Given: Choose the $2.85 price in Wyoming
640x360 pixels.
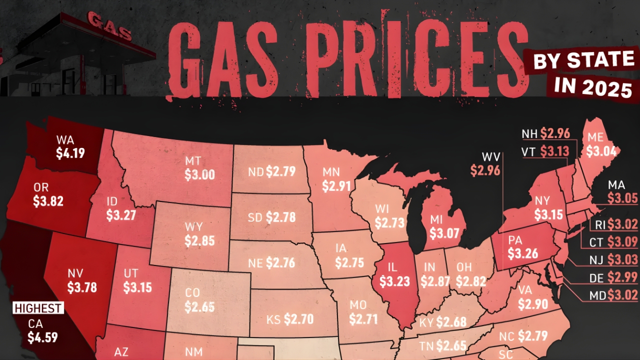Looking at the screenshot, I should tap(199, 240).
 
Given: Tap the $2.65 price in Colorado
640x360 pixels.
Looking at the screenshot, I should tap(199, 306).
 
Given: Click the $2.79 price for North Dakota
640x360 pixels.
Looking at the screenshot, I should tap(280, 172).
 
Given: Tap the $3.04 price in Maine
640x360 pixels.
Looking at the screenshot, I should tap(601, 151).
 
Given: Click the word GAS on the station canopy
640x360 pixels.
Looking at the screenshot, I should tap(109, 26).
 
